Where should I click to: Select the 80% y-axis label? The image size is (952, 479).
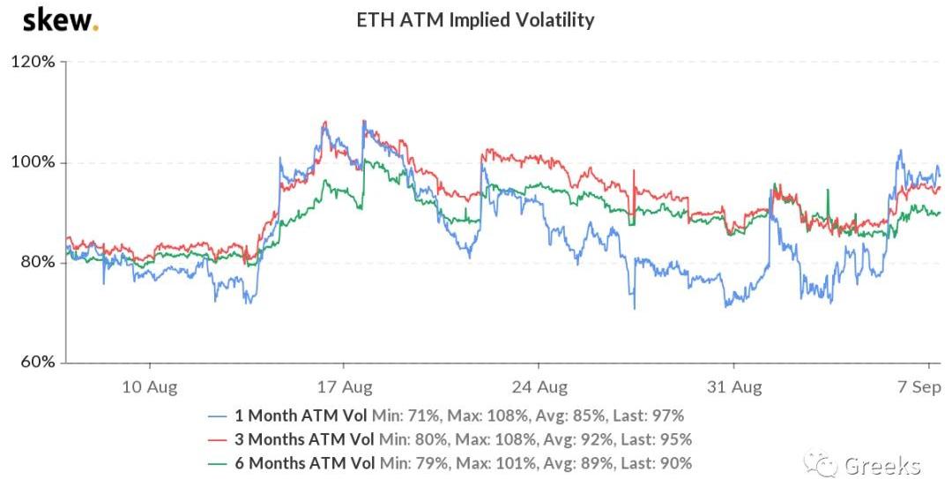[35, 263]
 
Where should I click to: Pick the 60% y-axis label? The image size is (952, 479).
[35, 363]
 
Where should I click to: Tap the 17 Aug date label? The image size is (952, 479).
[344, 386]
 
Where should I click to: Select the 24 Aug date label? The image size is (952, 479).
[539, 386]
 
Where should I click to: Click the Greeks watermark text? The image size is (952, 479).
[882, 465]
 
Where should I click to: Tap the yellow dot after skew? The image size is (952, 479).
[95, 27]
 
